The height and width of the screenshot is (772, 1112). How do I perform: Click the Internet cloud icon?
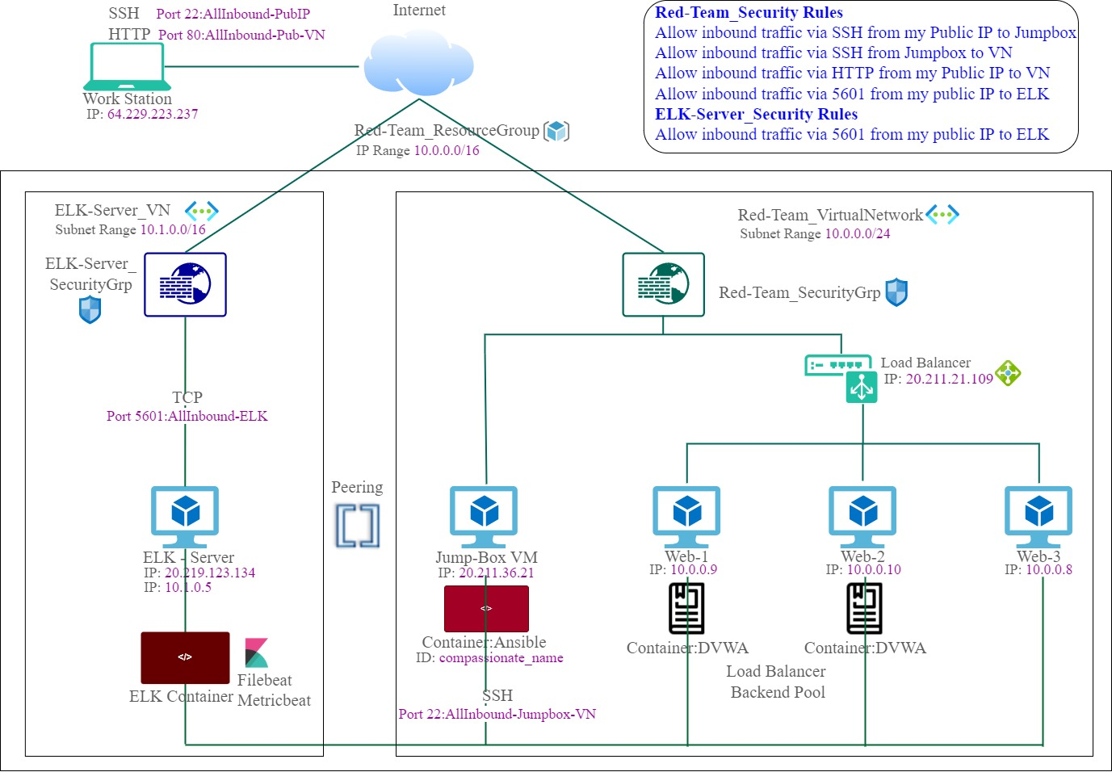(x=418, y=65)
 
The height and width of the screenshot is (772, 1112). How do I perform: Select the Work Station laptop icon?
(x=127, y=67)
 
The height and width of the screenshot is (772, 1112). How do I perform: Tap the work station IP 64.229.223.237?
(x=153, y=114)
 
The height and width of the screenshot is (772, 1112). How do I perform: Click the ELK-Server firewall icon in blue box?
(x=185, y=284)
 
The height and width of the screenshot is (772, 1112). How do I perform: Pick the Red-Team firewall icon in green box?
(x=663, y=284)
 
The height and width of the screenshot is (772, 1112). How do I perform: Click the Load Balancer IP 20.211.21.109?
(x=949, y=379)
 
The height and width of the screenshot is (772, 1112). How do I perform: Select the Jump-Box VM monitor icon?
(x=484, y=515)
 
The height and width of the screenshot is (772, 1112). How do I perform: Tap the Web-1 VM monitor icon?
(x=686, y=515)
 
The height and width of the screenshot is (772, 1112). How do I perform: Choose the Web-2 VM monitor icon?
(x=862, y=515)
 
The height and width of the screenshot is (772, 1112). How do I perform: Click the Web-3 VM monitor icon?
(x=1039, y=515)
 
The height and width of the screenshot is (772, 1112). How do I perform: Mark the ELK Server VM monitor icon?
(x=185, y=515)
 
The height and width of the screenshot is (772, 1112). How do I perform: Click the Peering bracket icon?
(x=358, y=526)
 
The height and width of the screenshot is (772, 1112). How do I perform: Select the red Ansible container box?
(x=486, y=608)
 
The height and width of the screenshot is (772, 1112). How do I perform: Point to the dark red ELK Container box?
(x=185, y=657)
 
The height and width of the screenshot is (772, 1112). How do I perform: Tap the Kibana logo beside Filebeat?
(x=256, y=652)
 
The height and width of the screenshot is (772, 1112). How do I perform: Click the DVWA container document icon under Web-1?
(x=686, y=608)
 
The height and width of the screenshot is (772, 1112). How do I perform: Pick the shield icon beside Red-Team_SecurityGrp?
(x=896, y=292)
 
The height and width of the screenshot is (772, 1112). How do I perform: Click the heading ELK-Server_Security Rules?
(x=756, y=114)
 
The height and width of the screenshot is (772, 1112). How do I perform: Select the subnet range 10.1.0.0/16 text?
(x=173, y=229)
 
